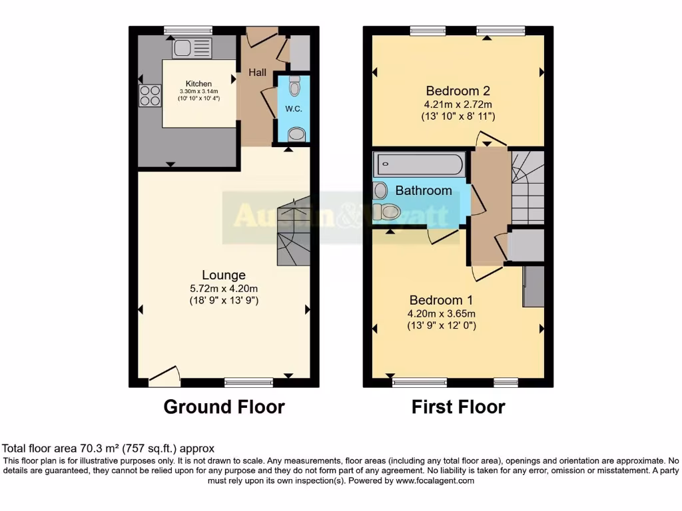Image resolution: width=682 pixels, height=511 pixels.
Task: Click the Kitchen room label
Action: (x=198, y=84)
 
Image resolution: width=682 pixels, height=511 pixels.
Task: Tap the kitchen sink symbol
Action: (x=192, y=48)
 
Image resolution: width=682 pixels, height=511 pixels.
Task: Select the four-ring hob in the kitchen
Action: (x=150, y=96)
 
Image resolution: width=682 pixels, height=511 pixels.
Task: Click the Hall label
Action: (x=258, y=72)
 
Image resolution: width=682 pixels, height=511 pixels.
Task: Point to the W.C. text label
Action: (x=294, y=109)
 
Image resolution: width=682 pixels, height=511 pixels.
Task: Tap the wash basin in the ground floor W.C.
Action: (x=296, y=135)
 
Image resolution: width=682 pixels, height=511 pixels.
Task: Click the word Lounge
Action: (x=224, y=275)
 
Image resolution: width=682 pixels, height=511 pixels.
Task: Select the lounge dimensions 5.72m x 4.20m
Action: (x=224, y=288)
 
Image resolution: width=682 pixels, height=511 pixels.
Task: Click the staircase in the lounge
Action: (x=294, y=233)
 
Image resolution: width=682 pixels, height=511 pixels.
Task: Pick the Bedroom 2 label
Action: (x=458, y=91)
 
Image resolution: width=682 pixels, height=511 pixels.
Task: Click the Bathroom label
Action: (x=424, y=190)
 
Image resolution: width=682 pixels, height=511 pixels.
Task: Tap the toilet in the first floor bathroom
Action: (x=386, y=212)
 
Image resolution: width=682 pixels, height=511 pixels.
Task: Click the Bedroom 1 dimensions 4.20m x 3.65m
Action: (x=441, y=313)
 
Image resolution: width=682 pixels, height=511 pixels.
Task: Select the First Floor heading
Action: (x=458, y=407)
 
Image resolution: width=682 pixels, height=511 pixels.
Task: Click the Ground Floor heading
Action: (x=224, y=407)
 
